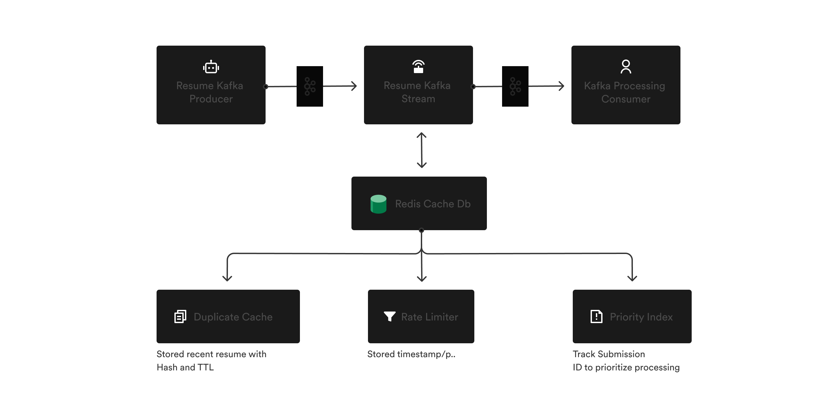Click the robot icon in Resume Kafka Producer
[211, 67]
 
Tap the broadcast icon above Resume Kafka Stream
[418, 66]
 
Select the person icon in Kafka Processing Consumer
[626, 66]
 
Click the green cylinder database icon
[379, 204]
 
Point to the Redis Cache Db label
[433, 204]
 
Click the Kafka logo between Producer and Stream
[310, 86]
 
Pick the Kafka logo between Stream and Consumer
[515, 86]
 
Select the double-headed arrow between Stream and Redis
[421, 150]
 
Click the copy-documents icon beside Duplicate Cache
[180, 316]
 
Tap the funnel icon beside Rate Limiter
[390, 316]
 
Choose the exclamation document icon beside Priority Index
[596, 316]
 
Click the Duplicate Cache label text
[233, 317]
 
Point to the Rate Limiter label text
[429, 317]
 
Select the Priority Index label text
[641, 317]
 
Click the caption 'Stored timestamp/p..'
[411, 354]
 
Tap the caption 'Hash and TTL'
[185, 367]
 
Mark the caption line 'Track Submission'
[609, 354]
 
